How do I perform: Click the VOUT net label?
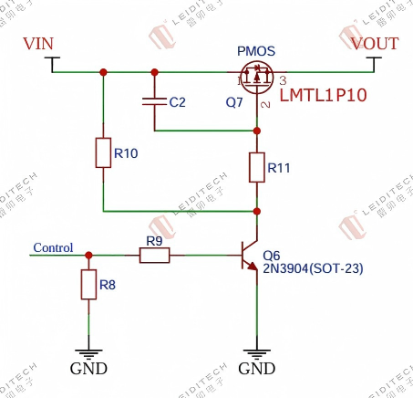pyautogui.click(x=375, y=44)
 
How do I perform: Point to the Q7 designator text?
pyautogui.click(x=234, y=102)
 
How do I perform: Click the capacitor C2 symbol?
pyautogui.click(x=154, y=102)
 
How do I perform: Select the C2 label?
pyautogui.click(x=177, y=102)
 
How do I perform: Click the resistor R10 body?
pyautogui.click(x=103, y=152)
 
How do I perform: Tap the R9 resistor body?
pyautogui.click(x=154, y=257)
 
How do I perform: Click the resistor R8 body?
pyautogui.click(x=88, y=286)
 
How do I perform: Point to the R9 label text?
pyautogui.click(x=154, y=241)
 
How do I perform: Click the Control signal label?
pyautogui.click(x=53, y=247)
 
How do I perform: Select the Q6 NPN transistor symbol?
pyautogui.click(x=250, y=257)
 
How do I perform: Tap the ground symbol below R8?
pyautogui.click(x=88, y=353)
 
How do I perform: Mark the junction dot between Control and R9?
pyautogui.click(x=88, y=257)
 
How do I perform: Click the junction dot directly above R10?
pyautogui.click(x=103, y=71)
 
